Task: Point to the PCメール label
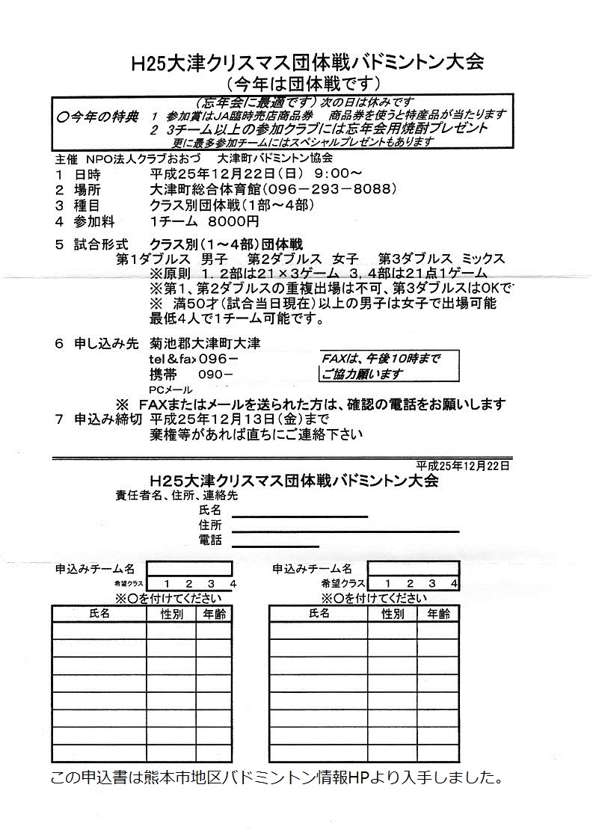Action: tap(170, 389)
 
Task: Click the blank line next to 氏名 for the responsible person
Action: tap(299, 515)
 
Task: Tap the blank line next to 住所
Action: tap(344, 530)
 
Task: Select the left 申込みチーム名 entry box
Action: tap(188, 569)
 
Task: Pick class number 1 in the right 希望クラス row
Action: tap(387, 584)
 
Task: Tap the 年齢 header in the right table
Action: tap(438, 614)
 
